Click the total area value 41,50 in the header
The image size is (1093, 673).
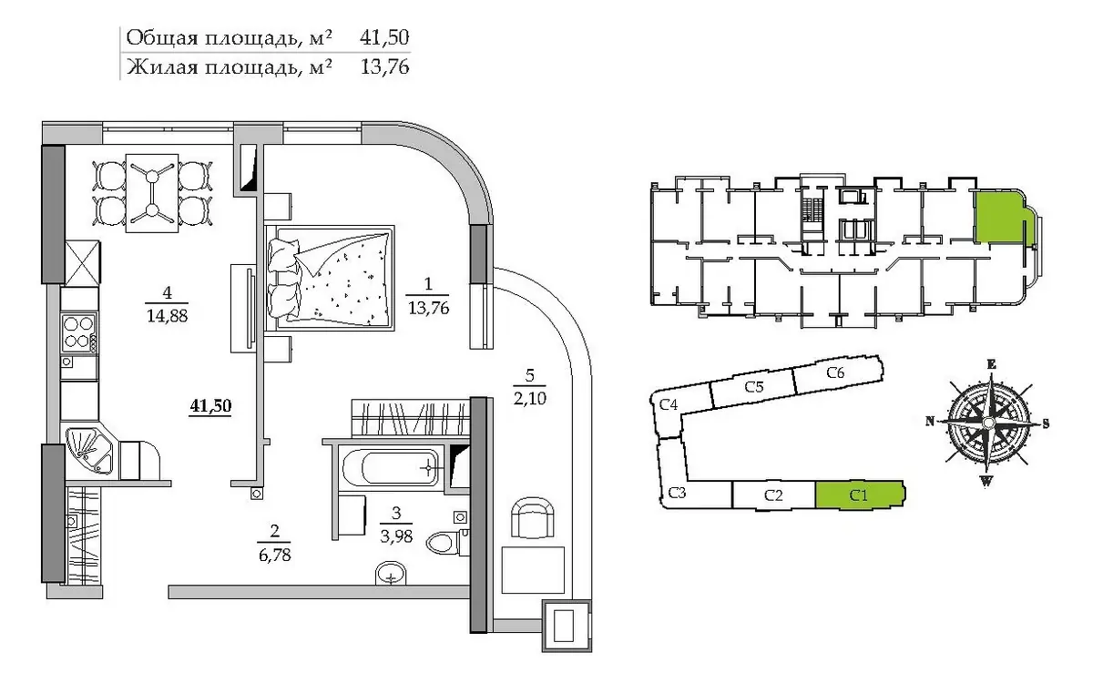tap(384, 37)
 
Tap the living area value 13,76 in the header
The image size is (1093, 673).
tap(384, 66)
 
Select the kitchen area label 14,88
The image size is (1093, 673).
tap(167, 316)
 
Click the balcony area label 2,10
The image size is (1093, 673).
tap(529, 398)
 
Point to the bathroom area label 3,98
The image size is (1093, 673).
tap(396, 536)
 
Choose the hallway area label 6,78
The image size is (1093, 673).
tap(275, 555)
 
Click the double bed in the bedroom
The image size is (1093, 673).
tap(330, 278)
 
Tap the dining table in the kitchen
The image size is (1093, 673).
tap(152, 193)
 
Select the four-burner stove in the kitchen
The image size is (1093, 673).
tap(79, 332)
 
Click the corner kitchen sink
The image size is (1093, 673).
tap(89, 451)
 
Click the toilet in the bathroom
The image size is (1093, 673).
tap(447, 541)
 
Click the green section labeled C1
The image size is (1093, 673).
tap(860, 495)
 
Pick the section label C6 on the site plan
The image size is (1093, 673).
tap(835, 372)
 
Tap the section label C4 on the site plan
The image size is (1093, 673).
tap(668, 404)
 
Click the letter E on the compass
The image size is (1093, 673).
tap(991, 364)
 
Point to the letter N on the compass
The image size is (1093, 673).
tap(930, 421)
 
